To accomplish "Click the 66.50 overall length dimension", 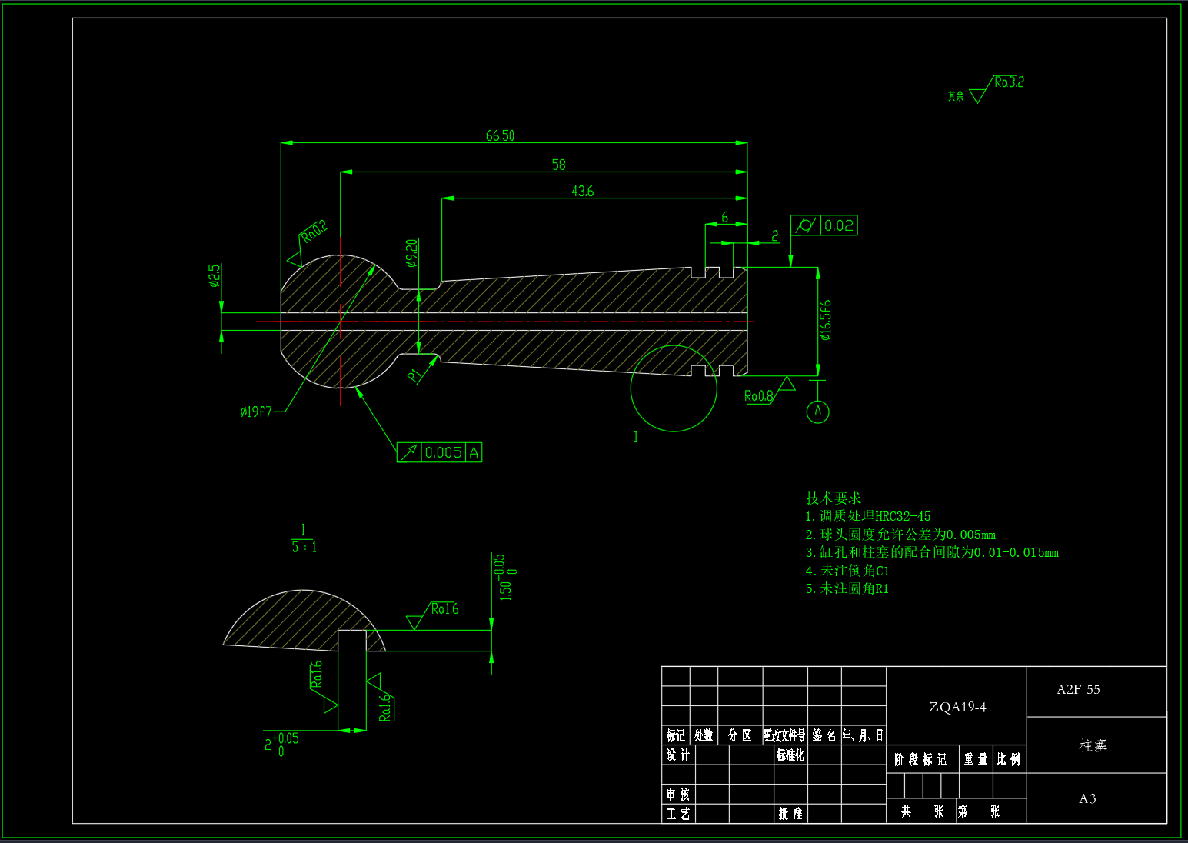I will point(500,136).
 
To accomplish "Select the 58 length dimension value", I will point(558,165).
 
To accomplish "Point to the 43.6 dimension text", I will point(582,191).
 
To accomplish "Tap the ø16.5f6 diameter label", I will point(825,320).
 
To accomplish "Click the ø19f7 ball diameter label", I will point(256,412).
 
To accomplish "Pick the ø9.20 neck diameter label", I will point(411,253).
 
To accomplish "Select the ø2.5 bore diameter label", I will point(215,275).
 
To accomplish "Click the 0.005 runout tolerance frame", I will point(440,452).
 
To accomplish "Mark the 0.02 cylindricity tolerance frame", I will point(824,225).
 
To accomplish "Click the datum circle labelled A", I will point(817,412).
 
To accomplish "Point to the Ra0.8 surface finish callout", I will point(758,396).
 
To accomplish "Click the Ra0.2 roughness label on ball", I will point(314,231).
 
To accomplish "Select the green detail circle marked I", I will point(674,388).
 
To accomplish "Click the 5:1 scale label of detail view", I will point(304,546).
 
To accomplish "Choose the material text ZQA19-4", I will point(957,707).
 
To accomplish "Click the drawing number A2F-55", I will point(1078,689).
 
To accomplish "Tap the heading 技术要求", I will point(833,498).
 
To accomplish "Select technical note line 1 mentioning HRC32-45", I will point(867,516).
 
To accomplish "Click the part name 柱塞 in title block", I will point(1093,745).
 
